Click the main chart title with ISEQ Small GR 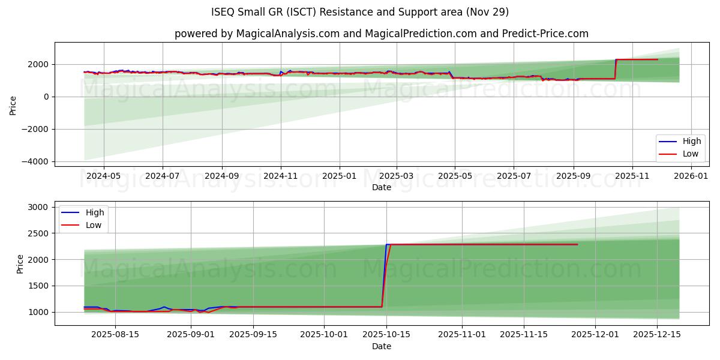(360, 12)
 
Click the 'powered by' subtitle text (382, 34)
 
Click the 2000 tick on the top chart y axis (40, 64)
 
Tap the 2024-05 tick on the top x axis (104, 176)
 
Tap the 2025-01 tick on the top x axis (339, 176)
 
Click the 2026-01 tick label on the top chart (692, 176)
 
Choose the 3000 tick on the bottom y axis (40, 207)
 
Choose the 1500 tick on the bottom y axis (40, 286)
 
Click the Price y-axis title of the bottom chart (20, 263)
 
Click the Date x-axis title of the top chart (382, 187)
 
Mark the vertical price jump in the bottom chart (385, 276)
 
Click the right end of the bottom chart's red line (577, 244)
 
